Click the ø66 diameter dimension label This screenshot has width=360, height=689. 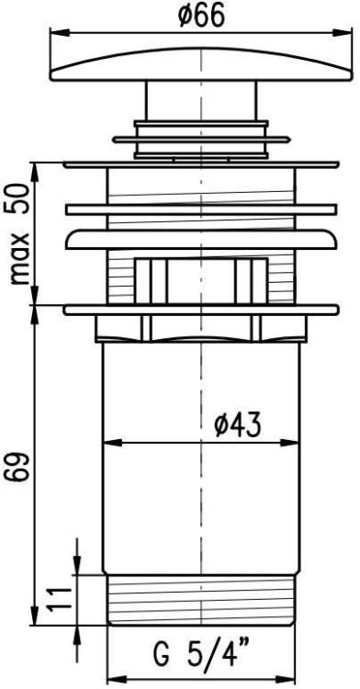pyautogui.click(x=201, y=17)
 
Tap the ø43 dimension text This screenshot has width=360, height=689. pyautogui.click(x=238, y=425)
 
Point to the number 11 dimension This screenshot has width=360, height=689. pyautogui.click(x=60, y=598)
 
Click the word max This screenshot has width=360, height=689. pyautogui.click(x=20, y=259)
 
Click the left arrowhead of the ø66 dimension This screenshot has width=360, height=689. pyautogui.click(x=60, y=32)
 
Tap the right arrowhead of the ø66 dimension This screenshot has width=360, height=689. pyautogui.click(x=343, y=32)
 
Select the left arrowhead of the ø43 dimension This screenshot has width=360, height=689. pyautogui.click(x=113, y=443)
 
